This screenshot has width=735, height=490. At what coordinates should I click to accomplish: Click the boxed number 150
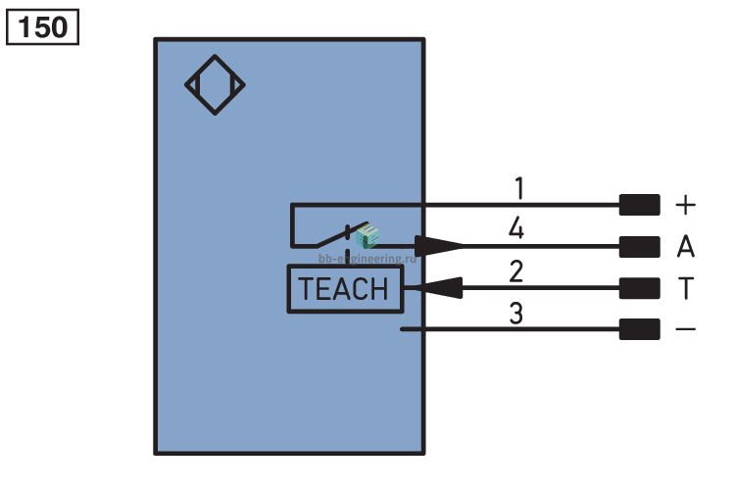pos(43,26)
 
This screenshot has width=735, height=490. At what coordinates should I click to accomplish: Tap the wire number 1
pos(518,188)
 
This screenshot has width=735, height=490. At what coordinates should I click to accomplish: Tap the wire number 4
pos(516,228)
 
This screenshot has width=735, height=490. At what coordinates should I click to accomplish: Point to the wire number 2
pos(516,271)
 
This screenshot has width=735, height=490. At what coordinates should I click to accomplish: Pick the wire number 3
pos(516,314)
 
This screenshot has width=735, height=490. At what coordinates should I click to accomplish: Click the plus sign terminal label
pos(685,206)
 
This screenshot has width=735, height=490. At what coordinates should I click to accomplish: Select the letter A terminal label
pos(685,246)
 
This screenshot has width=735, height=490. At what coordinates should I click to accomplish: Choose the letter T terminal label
pos(686,288)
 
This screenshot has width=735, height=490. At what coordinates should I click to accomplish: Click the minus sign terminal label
pos(685,329)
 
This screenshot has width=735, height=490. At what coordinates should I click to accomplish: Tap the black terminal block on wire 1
pos(639,205)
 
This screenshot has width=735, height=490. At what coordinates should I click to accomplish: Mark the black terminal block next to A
pos(639,247)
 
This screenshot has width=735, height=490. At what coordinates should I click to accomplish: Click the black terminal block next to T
pos(639,288)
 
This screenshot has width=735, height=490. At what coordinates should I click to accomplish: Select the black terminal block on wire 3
pos(639,329)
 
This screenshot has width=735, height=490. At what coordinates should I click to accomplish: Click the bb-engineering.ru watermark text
pos(367,259)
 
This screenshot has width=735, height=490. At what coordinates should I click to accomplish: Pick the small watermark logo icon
pos(367,236)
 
